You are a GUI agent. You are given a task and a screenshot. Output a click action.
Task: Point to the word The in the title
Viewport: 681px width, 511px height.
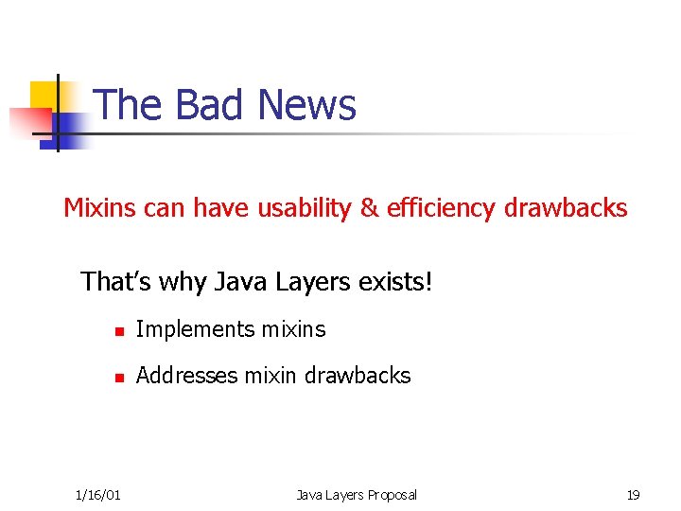click(x=128, y=105)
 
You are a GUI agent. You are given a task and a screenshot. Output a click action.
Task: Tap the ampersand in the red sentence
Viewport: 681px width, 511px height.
click(x=369, y=208)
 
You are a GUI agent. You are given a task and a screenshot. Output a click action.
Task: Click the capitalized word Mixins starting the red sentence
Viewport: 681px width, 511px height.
click(x=100, y=208)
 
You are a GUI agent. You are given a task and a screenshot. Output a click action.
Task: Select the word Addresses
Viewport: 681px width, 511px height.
click(x=187, y=376)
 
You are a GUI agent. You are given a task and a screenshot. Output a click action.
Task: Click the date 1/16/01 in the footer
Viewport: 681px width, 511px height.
click(x=97, y=495)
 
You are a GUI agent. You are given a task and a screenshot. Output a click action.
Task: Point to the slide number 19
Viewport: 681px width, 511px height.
click(x=633, y=495)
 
